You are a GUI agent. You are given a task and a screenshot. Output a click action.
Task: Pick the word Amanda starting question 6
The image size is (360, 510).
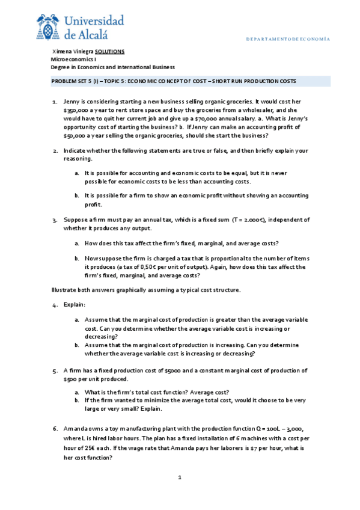(76, 428)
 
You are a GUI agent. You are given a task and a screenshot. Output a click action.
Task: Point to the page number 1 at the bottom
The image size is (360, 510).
(179, 478)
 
